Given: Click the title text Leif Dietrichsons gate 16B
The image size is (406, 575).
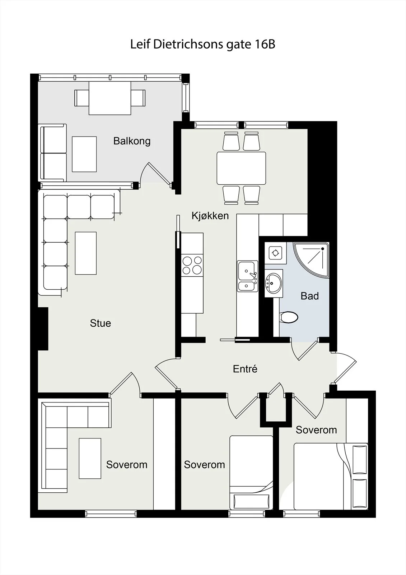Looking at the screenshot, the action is pos(202,45).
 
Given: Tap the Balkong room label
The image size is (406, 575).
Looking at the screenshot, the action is pos(132,141).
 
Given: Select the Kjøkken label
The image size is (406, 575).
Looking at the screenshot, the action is pos(210,216).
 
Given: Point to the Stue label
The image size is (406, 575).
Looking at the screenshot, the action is pos(100,323).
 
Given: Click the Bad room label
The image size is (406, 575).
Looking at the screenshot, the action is pos(309,296).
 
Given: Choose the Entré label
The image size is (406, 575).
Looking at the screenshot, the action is pos(245,369).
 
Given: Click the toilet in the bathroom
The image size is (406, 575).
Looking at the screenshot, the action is pos(289,317).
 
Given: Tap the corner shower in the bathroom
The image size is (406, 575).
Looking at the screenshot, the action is pos(311,259).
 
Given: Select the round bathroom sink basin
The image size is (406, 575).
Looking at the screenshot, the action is pos(274,284).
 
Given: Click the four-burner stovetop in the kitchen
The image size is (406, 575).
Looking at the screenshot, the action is pos(192,265).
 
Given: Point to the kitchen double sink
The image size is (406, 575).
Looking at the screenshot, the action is pos(247,276).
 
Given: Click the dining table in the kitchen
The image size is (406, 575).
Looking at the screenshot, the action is pos(241,168).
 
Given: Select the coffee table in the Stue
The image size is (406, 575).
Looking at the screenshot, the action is pos(86,253).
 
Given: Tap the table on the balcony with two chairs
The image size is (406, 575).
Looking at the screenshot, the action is pos(110,98).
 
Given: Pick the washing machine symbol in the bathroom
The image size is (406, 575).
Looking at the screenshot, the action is pos(275,253).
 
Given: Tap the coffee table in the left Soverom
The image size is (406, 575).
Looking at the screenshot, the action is pos(90,458).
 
